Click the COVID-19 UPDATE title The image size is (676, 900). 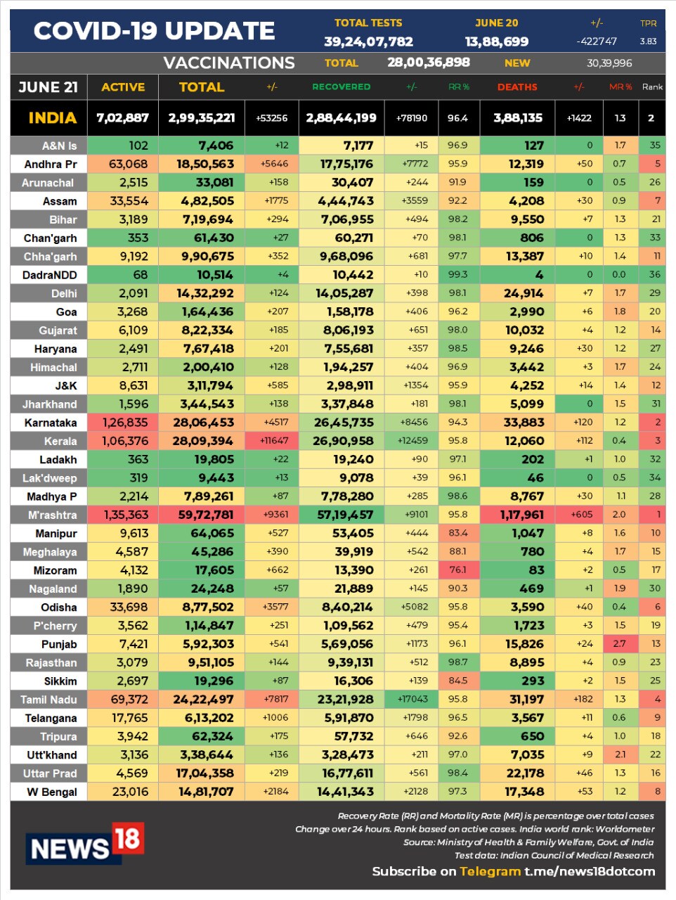click(154, 31)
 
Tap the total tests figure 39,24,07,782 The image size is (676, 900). click(368, 41)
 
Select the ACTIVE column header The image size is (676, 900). click(123, 87)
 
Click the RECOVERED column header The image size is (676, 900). click(341, 87)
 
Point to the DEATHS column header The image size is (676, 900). click(517, 87)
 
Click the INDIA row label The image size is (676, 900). click(52, 118)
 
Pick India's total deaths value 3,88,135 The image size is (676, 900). click(518, 118)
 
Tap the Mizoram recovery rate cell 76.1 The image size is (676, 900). click(457, 570)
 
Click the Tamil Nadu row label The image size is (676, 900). click(48, 700)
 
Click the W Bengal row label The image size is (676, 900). click(51, 792)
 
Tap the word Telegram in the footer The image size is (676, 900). click(490, 872)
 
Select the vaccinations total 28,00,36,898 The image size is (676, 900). click(429, 63)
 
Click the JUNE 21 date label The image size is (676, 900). click(48, 87)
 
